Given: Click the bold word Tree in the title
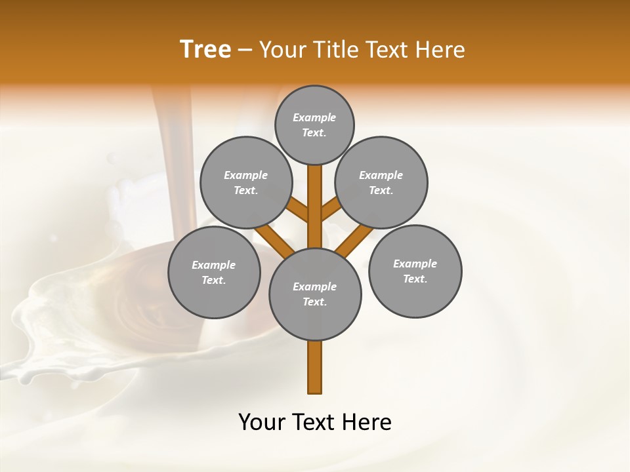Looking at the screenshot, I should (205, 50).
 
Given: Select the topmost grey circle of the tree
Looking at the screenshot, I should (314, 125).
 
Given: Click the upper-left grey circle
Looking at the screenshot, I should (245, 182).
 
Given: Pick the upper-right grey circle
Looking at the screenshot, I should (381, 182).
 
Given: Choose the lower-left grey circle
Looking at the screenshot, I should (214, 272).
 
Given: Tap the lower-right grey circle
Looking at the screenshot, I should (415, 271).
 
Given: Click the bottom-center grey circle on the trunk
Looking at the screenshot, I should (315, 294).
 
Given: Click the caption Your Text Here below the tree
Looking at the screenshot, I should (315, 422).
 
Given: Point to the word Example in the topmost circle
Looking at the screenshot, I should (314, 117).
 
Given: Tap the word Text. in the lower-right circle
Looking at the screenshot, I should (415, 279).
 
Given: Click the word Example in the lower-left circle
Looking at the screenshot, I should (214, 265).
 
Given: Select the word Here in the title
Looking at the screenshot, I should (442, 50).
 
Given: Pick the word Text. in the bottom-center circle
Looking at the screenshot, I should (314, 302).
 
